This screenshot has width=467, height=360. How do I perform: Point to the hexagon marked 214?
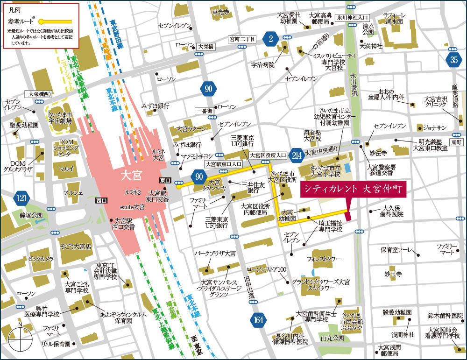pyautogui.click(x=296, y=155)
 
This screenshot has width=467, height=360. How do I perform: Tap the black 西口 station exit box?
pyautogui.click(x=101, y=200)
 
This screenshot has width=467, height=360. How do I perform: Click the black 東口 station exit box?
pyautogui.click(x=165, y=180)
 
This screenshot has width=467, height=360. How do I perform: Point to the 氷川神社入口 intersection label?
pyautogui.click(x=353, y=17)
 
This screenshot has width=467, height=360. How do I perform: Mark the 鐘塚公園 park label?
pyautogui.click(x=31, y=215)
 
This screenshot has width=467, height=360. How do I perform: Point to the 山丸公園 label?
pyautogui.click(x=332, y=338)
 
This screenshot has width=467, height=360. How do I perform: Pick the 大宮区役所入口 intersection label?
pyautogui.click(x=268, y=155)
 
